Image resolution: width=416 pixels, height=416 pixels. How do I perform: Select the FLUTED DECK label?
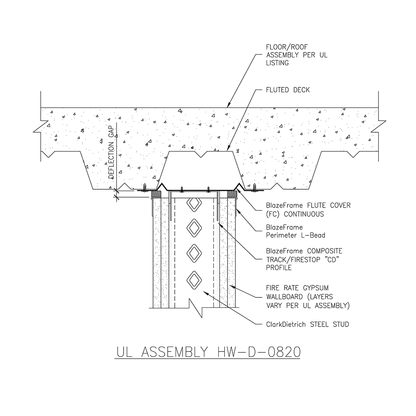(x=287, y=90)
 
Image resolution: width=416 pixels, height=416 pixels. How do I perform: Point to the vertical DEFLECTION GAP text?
(x=111, y=154)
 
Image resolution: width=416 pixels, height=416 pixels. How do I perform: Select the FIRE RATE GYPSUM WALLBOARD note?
(x=307, y=297)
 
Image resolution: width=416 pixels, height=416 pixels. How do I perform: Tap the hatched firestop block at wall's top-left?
(x=156, y=194)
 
